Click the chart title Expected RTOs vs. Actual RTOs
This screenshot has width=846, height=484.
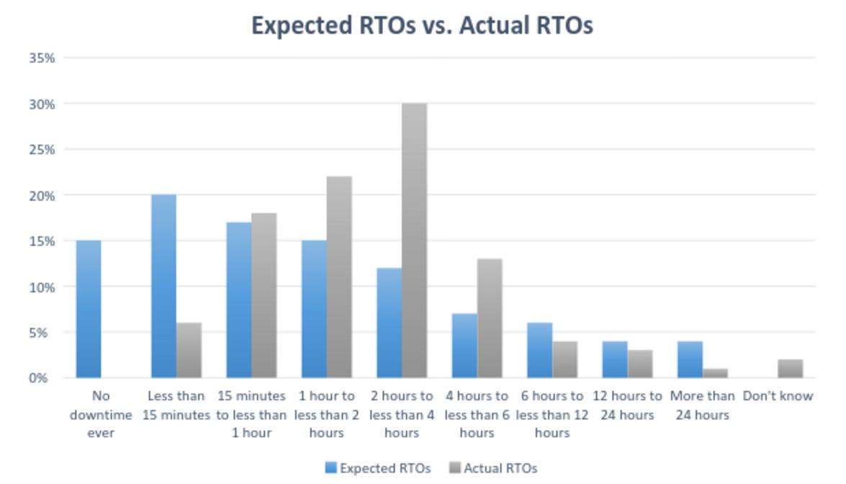coord(422,25)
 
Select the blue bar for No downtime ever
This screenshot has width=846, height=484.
coord(89,309)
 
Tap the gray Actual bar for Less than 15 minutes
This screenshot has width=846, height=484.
coord(189,350)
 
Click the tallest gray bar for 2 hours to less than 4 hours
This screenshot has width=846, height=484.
coord(414,241)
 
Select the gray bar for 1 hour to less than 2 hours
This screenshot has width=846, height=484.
coord(339,277)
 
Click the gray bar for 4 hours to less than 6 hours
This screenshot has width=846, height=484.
coord(490,318)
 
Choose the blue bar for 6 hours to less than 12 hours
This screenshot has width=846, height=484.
coord(539,350)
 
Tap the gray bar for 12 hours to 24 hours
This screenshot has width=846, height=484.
coord(640,364)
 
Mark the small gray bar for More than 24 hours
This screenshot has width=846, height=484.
coord(715,373)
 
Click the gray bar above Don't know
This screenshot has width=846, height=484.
coord(790,369)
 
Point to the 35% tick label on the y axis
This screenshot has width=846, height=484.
coord(42,58)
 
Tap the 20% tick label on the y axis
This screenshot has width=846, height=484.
coord(42,195)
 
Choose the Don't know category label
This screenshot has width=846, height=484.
coord(778,396)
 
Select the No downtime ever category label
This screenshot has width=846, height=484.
coord(101,414)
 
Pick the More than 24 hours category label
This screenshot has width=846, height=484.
coord(702,405)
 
